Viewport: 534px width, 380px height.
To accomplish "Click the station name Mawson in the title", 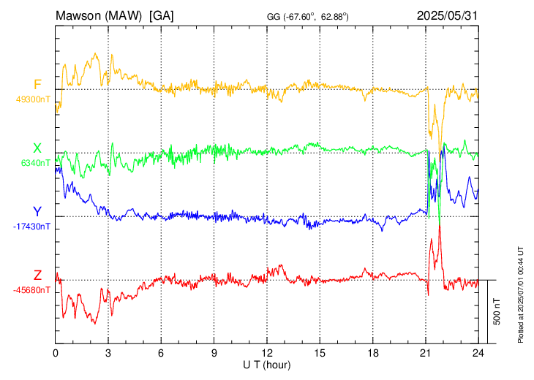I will pyautogui.click(x=80, y=15).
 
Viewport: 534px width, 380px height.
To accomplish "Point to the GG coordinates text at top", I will pyautogui.click(x=307, y=16).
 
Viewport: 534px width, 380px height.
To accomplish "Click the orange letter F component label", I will pyautogui.click(x=37, y=84).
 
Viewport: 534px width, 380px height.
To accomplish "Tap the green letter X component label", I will pyautogui.click(x=37, y=148).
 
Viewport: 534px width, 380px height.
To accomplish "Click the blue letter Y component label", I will pyautogui.click(x=37, y=212).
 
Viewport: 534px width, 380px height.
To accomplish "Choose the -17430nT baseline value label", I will pyautogui.click(x=31, y=227).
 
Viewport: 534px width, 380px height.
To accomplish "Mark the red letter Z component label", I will pyautogui.click(x=37, y=275).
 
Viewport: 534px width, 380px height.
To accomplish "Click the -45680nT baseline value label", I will pyautogui.click(x=31, y=290).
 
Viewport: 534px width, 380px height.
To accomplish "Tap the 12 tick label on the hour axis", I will pyautogui.click(x=267, y=353).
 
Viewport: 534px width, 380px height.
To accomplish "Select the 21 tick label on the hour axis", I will pyautogui.click(x=426, y=353).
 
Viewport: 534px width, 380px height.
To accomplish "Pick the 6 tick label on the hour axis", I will pyautogui.click(x=161, y=353).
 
